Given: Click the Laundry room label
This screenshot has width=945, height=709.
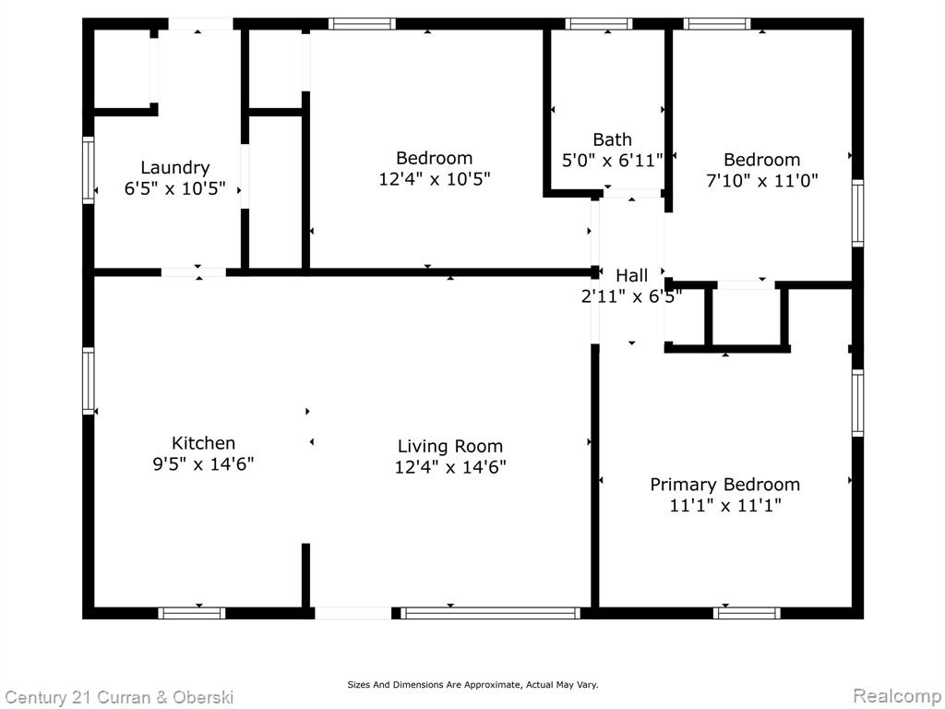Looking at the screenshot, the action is pos(175,168).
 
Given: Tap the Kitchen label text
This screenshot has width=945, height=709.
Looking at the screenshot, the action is pos(204,443).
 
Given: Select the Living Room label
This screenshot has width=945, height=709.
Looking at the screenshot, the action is pos(450,447).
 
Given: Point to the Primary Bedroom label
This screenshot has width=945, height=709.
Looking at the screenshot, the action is pos(725,485).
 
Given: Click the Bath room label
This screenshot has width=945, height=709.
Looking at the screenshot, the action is pos(613,139).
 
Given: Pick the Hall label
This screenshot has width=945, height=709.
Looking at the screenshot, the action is pos(631,275).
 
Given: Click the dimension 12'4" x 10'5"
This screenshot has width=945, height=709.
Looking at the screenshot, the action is pos(435,179).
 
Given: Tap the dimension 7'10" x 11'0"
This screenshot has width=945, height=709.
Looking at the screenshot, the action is pos(762,181).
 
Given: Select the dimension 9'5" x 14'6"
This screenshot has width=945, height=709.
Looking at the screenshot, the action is pos(204,464).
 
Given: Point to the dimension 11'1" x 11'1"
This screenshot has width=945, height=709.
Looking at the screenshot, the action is pos(725,505).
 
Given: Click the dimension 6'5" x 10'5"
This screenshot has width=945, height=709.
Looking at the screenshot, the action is pos(175,188).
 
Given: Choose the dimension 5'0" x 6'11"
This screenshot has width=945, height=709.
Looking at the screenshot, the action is pos(613,161).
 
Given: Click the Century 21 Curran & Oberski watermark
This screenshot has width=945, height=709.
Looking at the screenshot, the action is pos(119,698).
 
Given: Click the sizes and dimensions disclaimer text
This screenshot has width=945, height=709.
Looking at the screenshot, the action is pos(472,684).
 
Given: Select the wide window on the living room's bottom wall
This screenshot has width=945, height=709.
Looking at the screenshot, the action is pos(491,613).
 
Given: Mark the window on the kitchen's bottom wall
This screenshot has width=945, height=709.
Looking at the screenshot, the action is pos(192,613).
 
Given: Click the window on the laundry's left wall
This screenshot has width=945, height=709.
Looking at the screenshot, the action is pos(89,170).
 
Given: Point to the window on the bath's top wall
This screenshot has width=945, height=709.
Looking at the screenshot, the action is pos(598,24).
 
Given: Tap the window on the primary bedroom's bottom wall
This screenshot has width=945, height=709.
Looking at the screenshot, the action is pos(747,613).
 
